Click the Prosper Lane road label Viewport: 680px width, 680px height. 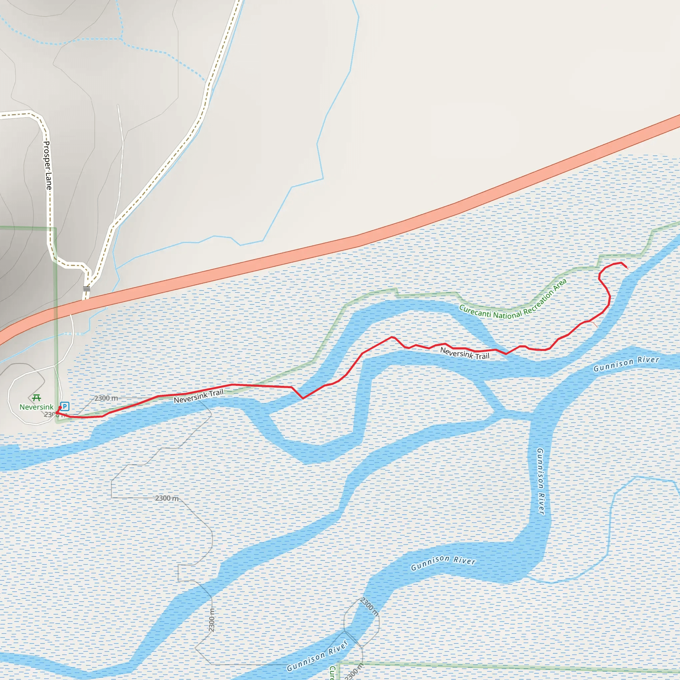pyautogui.click(x=47, y=165)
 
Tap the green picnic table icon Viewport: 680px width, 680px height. pyautogui.click(x=36, y=398)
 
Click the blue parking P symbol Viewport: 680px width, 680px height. pyautogui.click(x=65, y=406)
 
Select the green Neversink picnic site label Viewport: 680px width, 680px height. pyautogui.click(x=36, y=407)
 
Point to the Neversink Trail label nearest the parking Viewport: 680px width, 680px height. pyautogui.click(x=199, y=396)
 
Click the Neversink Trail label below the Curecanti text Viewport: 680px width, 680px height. pyautogui.click(x=465, y=353)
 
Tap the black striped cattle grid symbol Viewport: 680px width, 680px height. pyautogui.click(x=87, y=289)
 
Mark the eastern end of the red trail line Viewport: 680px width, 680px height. pyautogui.click(x=627, y=268)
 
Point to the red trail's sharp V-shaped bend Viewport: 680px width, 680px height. pyautogui.click(x=303, y=398)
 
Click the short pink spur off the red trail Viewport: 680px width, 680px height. pyautogui.click(x=594, y=324)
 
